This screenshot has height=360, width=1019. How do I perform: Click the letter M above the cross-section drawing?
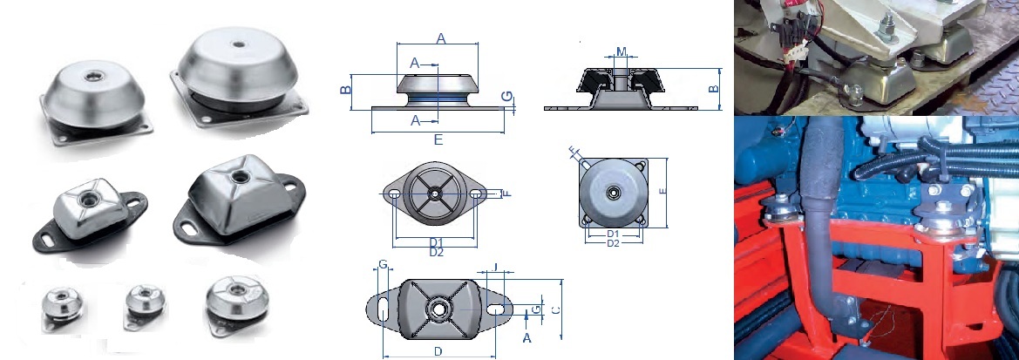[x=621, y=51]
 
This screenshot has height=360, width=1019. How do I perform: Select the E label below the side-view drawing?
[x=438, y=139]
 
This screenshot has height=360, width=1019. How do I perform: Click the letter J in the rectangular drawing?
[x=494, y=268]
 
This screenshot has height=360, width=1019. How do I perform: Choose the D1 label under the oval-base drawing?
[x=437, y=241]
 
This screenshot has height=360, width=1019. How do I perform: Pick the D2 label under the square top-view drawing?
[x=613, y=243]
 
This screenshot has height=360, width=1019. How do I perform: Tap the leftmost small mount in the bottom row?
[x=63, y=306]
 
